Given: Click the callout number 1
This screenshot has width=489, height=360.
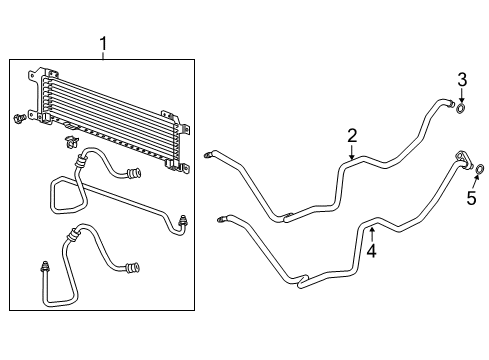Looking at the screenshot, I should click(x=103, y=44).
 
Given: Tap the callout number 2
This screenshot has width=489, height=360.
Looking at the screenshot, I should click(x=351, y=135).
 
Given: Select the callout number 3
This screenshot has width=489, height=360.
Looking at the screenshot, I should click(x=461, y=79).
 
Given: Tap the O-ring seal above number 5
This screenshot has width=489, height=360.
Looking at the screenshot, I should click(x=480, y=169).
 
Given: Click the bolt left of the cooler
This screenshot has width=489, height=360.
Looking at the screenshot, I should click(x=20, y=121).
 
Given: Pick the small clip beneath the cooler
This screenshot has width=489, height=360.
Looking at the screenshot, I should click(x=70, y=139).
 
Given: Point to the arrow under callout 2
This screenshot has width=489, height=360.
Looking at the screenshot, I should click(x=351, y=153).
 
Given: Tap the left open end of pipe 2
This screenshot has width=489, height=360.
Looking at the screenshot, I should click(x=208, y=153).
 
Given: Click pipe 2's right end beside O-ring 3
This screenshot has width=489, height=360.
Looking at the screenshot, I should click(x=449, y=102).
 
